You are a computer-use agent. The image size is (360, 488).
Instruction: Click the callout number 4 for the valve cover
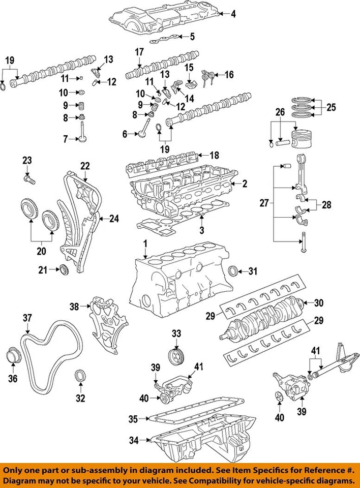click(233, 14)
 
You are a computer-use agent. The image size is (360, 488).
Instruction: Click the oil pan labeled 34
click(203, 440)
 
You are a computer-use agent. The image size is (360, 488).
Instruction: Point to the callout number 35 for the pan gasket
click(133, 419)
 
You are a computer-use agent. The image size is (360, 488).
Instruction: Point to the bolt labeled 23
click(28, 178)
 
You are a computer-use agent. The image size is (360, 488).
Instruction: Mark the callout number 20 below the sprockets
click(41, 251)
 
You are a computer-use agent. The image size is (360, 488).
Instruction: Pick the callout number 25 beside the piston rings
click(331, 107)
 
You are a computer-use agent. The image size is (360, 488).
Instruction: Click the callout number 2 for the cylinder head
click(244, 183)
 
